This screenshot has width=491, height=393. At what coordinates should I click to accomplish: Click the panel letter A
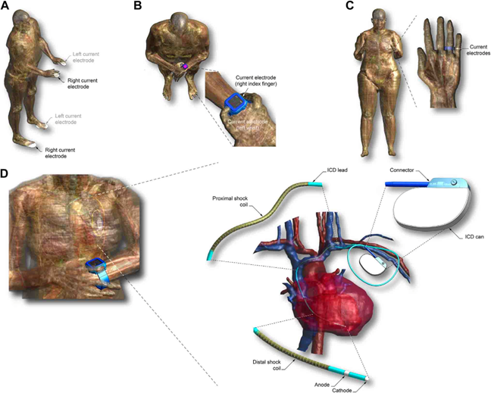click(8, 7)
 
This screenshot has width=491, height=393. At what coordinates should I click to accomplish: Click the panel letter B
click(137, 7)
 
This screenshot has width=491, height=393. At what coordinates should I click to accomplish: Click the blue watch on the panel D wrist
click(96, 266)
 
